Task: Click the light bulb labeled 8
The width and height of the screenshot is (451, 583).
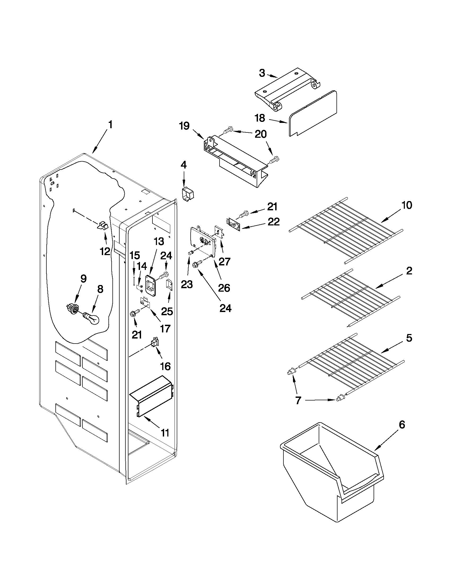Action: (91, 318)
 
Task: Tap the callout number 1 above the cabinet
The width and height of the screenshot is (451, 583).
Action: (110, 125)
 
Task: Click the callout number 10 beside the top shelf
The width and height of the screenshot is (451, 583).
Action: (406, 205)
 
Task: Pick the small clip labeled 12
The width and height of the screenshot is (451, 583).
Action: (102, 226)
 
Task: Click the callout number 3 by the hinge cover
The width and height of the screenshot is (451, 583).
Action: (262, 73)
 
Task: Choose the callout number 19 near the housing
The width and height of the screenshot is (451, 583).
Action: (184, 126)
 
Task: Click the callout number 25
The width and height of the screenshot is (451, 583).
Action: (167, 311)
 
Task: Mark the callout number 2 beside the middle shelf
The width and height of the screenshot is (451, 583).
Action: (409, 271)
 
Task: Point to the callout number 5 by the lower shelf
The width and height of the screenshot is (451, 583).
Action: (409, 338)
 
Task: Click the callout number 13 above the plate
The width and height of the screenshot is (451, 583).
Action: (159, 242)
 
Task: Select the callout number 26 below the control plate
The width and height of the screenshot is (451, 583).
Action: (224, 288)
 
